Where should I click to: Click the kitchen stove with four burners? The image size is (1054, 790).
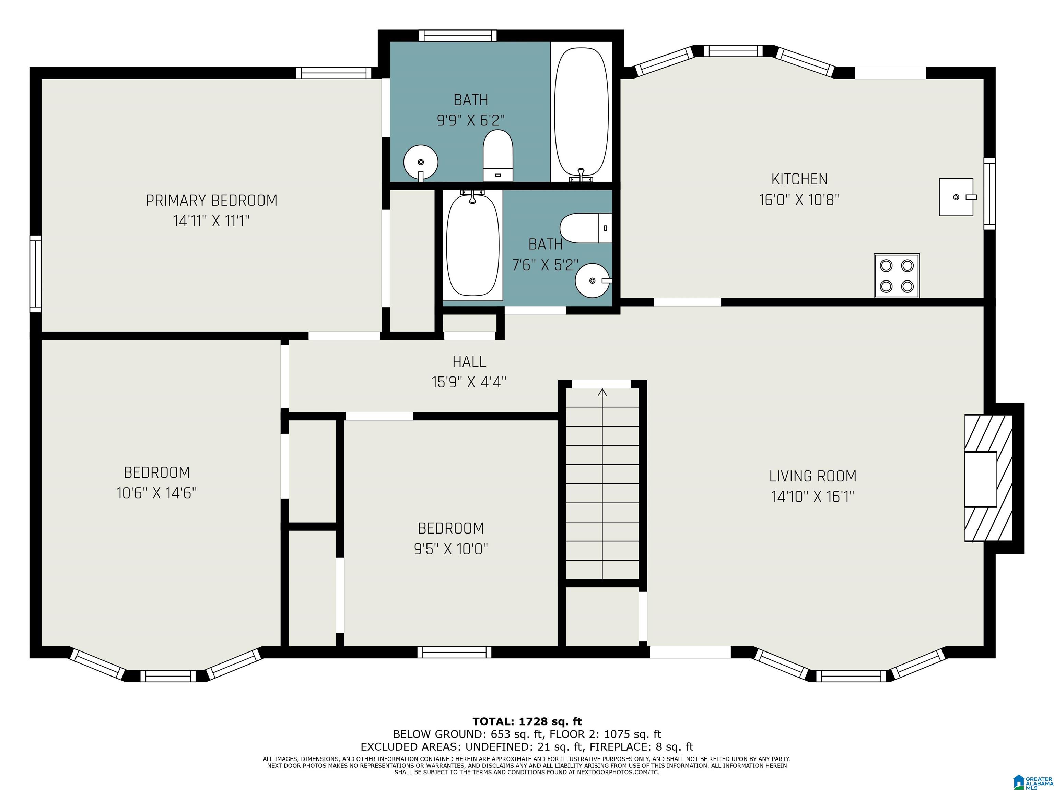tap(896, 276)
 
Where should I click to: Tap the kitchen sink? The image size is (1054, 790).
tap(957, 197)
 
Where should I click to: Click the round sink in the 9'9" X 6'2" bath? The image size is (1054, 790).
tap(421, 163)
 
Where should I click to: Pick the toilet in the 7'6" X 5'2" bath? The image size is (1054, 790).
tap(586, 228)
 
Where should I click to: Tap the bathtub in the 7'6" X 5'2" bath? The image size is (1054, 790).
tap(473, 244)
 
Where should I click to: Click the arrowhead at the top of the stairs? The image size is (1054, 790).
tap(602, 392)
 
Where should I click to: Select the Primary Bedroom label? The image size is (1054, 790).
tap(212, 201)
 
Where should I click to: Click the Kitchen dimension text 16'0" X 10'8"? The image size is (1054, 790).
tap(799, 200)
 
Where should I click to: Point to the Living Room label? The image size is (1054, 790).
tap(813, 476)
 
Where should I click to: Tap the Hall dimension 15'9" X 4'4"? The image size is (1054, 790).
tap(469, 382)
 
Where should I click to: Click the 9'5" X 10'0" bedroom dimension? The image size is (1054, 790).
tap(451, 549)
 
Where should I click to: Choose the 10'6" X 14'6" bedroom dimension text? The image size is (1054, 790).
tap(157, 492)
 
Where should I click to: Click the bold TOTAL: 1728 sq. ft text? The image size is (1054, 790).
tap(527, 721)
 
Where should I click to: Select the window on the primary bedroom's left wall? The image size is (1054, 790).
tap(36, 274)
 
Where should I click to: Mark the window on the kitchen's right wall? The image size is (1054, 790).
tap(990, 194)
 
